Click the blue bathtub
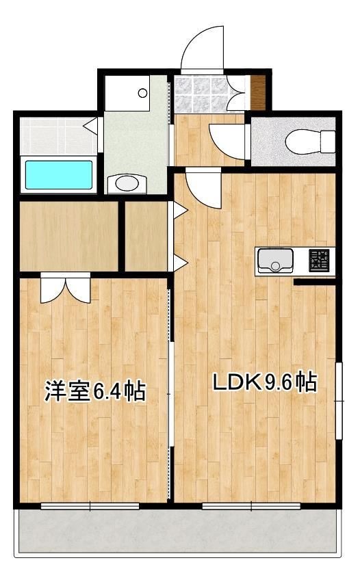tap(59, 175)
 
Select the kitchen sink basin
tap(275, 260)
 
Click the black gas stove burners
tap(318, 260)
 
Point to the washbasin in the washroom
tap(126, 183)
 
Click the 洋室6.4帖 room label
tap(95, 391)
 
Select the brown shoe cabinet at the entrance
tap(257, 92)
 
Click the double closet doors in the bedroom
tap(65, 287)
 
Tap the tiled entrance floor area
tap(201, 94)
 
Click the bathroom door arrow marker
tap(90, 125)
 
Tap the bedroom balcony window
tap(90, 506)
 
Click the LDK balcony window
tap(251, 506)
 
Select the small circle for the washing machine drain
tap(142, 92)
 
